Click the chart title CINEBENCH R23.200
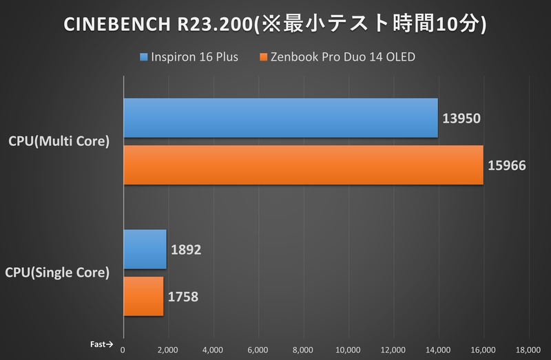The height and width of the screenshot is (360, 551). coord(275,24)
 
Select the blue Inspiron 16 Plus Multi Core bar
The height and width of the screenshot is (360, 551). coord(280,118)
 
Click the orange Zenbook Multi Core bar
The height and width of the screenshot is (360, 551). coord(303,165)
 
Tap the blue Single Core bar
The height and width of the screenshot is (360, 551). coord(145,249)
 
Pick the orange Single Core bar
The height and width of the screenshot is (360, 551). coord(143,296)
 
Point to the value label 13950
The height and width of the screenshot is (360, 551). coord(461,118)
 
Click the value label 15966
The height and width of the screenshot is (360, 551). coord(506,165)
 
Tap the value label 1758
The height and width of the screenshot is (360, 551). coord(183,297)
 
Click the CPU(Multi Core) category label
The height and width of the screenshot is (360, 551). coord(59,142)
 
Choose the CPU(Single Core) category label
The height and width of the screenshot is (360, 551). coord(57,273)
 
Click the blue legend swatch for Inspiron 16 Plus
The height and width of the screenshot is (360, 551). coord(143,57)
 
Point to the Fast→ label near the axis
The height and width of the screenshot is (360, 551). coord(101,343)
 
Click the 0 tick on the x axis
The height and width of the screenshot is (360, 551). coord(123,348)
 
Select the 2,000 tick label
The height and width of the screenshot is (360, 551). coord(167,348)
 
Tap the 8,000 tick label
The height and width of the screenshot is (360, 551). coord(302,348)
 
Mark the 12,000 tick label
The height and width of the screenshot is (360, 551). coord(393,348)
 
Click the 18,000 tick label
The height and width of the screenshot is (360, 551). coord(528,348)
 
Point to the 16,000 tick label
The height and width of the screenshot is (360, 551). coord(483,348)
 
